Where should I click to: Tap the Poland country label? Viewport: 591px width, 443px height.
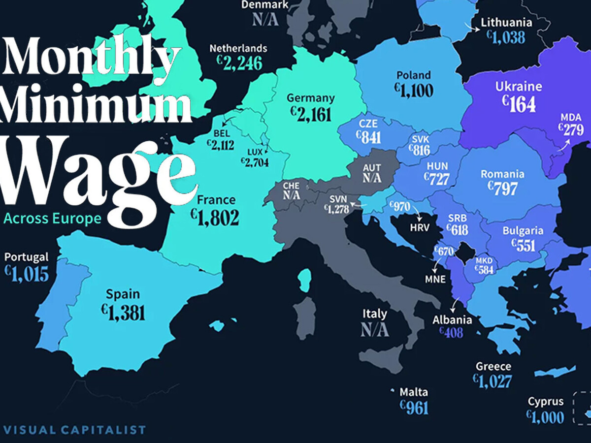tap(413, 75)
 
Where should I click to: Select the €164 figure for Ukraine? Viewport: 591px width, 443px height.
tap(518, 104)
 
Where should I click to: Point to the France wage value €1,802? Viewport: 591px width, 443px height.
tap(217, 218)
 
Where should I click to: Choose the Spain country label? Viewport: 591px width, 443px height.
tap(123, 295)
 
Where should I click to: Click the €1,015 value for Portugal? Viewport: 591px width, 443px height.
tap(27, 274)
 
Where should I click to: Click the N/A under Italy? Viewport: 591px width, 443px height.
tap(374, 330)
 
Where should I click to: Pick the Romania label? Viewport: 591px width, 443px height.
tap(502, 174)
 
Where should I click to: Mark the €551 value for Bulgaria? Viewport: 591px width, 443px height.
tap(523, 245)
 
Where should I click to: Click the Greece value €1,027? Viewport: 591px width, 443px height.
tap(492, 381)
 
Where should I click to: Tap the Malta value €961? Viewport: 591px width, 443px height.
tap(414, 408)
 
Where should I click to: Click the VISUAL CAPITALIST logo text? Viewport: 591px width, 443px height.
tap(74, 430)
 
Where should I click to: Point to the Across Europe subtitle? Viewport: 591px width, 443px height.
tap(52, 219)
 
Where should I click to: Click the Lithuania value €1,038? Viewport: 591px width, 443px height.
tap(506, 36)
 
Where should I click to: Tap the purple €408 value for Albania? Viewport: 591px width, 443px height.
tap(451, 333)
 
